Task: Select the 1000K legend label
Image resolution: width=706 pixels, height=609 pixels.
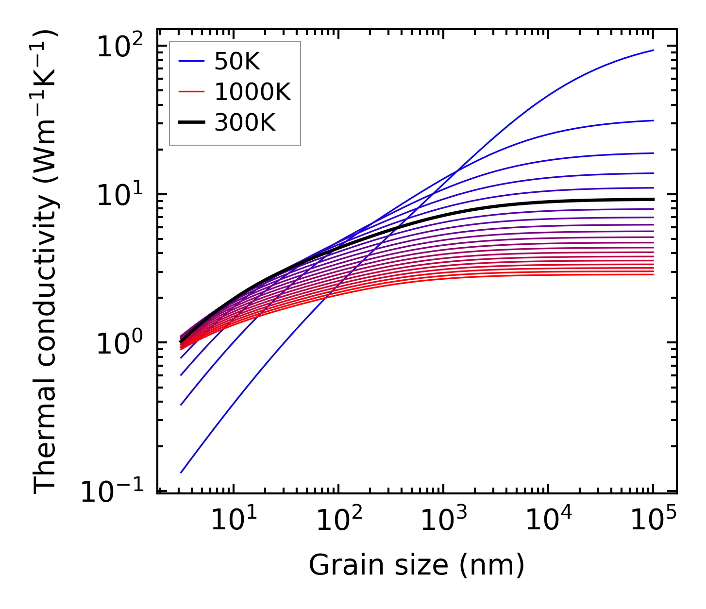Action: coord(252,92)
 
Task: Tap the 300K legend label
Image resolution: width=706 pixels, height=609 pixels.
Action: coord(245,123)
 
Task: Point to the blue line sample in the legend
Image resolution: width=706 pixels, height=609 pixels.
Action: coord(193,61)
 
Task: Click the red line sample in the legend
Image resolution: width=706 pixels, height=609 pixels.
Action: coord(193,92)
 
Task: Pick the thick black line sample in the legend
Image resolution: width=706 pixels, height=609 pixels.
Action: coord(193,123)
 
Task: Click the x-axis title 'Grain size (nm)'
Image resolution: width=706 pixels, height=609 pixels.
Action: coord(417,565)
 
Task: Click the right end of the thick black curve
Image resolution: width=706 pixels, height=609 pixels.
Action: coord(653,199)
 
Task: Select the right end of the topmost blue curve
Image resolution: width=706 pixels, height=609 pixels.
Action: coord(653,50)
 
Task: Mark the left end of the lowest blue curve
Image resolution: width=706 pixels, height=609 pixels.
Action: coord(181,472)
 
